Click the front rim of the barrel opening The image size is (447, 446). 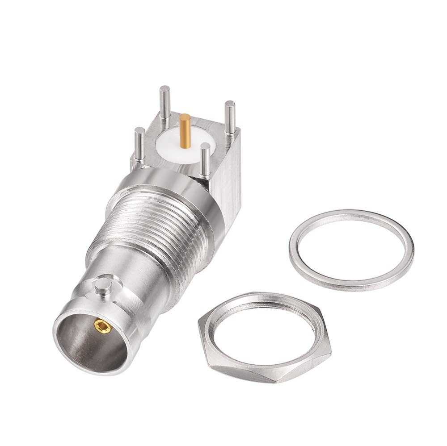[63, 348]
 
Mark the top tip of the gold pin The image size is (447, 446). [185, 117]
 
